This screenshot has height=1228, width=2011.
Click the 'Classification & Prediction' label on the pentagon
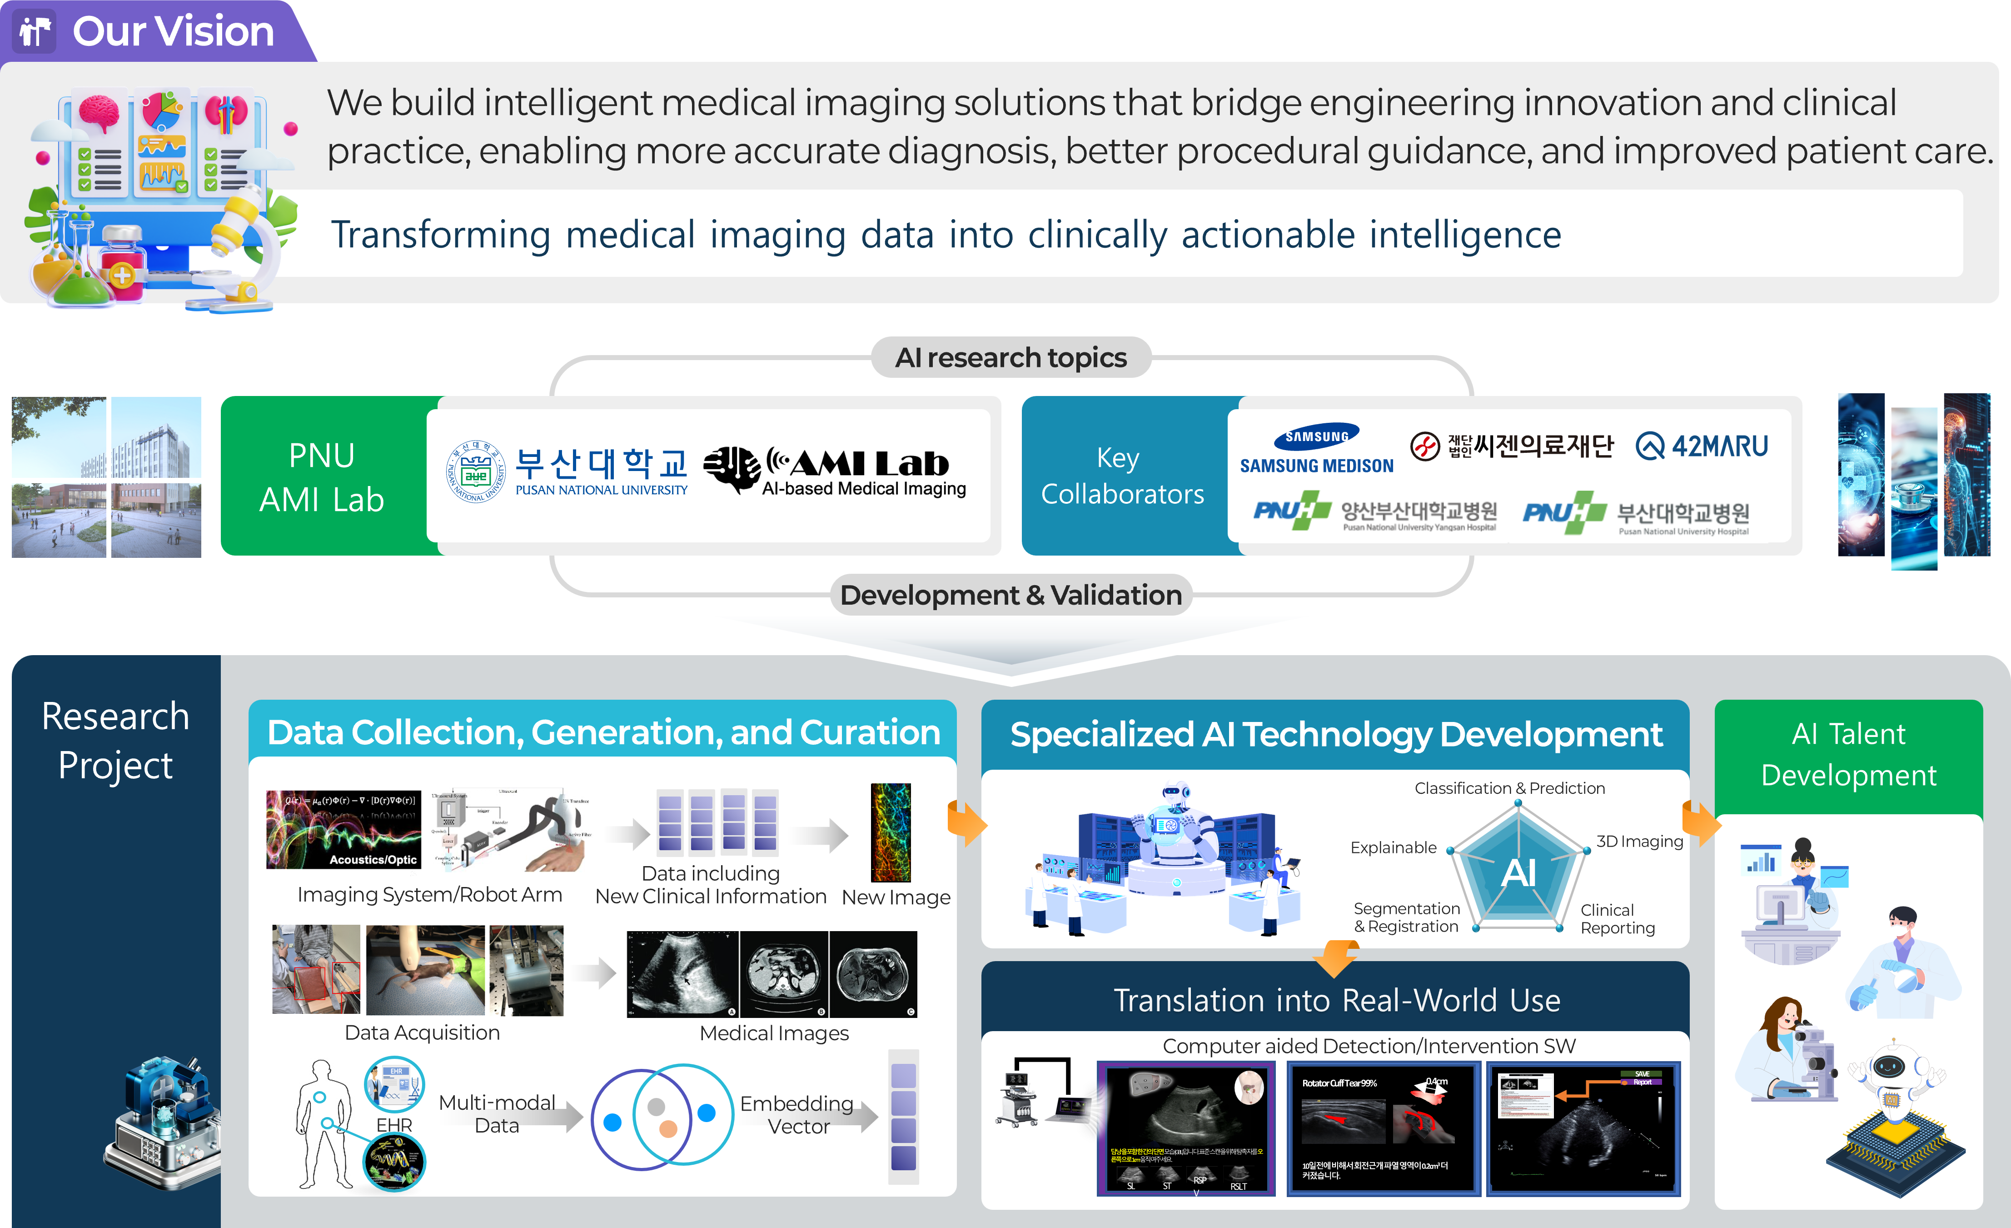(x=1509, y=788)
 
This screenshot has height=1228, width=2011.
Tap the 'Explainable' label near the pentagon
(x=1393, y=847)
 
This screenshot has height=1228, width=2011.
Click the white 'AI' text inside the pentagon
(x=1518, y=873)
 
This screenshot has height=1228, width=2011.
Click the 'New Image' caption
(x=896, y=897)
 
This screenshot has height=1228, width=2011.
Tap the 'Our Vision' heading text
(x=173, y=32)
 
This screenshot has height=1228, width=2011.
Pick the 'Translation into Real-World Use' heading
(x=1336, y=1000)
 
